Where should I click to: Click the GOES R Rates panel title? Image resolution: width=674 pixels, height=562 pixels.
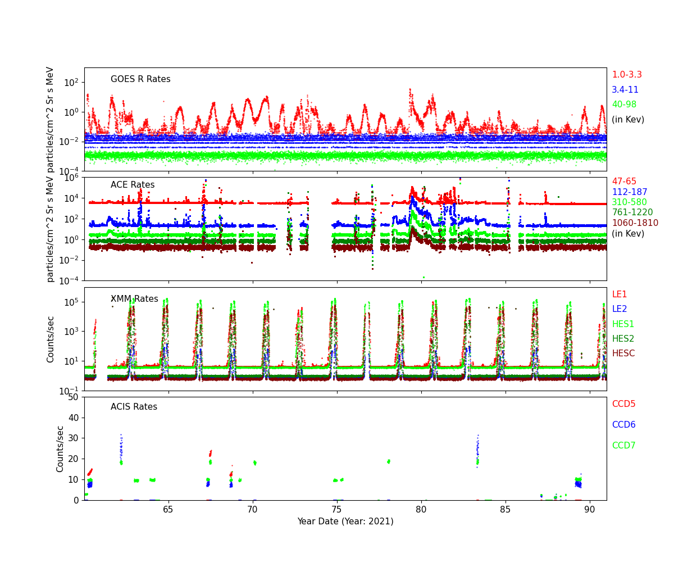140,79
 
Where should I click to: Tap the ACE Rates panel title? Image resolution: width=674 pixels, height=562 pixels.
133,185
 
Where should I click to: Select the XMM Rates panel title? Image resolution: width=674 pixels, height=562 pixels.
134,299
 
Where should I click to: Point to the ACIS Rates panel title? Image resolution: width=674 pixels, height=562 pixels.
134,407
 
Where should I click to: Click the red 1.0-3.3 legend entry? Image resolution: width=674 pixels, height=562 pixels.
627,75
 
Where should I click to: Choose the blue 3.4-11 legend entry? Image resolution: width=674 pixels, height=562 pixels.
625,90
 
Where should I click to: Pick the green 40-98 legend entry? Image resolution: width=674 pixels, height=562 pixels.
624,105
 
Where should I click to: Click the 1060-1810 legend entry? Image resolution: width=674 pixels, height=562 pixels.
635,223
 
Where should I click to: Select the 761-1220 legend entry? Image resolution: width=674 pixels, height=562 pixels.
632,212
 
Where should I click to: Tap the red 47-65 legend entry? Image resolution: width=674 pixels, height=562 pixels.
624,182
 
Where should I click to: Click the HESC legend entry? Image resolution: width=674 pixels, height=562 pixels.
623,353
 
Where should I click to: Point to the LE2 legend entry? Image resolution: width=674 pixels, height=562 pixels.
620,309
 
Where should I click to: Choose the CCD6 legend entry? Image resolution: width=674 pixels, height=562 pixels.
623,425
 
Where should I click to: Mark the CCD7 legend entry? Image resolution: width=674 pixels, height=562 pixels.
623,446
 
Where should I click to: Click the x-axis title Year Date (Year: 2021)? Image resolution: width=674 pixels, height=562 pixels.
345,522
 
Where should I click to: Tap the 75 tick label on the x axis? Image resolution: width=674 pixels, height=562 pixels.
337,509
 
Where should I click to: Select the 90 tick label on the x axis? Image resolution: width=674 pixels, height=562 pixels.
590,509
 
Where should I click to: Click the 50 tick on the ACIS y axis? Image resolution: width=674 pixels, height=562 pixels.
74,397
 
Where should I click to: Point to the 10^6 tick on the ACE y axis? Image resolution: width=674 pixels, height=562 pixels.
71,178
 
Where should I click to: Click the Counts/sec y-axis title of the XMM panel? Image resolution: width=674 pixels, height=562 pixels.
51,339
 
